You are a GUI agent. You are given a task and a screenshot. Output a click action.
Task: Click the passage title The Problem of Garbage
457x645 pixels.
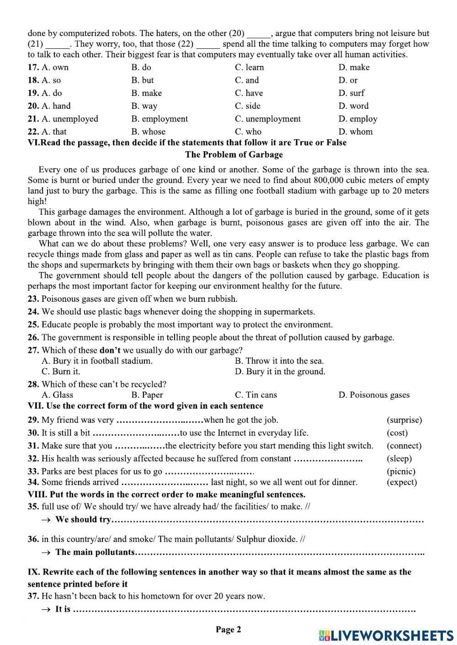coord(234,155)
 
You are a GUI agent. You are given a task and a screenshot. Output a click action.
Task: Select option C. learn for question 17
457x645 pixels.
coord(249,68)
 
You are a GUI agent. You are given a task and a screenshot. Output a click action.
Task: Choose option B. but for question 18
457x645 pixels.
coord(142,80)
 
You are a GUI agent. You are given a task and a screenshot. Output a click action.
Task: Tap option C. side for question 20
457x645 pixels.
coord(248,106)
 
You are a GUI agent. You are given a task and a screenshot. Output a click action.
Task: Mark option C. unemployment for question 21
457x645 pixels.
coord(268,119)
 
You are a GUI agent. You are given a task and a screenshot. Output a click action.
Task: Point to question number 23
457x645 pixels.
coord(33,299)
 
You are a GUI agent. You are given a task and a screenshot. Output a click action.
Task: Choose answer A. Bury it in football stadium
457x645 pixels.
coord(97,361)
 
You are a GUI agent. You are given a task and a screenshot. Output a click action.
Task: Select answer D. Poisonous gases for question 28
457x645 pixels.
coord(374,395)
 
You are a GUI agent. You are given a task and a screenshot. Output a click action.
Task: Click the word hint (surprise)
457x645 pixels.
coord(404,420)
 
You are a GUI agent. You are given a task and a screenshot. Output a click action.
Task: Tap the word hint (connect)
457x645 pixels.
coord(404,446)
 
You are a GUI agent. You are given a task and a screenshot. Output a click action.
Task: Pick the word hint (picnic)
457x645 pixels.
coord(401,472)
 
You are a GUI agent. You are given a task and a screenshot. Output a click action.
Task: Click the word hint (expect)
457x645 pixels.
coord(402,482)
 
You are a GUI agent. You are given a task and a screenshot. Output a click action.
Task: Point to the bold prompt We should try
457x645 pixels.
coord(83,519)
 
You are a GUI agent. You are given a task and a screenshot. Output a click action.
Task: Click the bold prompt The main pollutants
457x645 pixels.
coord(95,552)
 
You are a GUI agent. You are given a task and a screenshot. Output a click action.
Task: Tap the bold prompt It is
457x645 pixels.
coord(63,609)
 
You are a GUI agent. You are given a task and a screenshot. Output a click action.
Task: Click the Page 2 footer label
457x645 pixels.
coord(228,630)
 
